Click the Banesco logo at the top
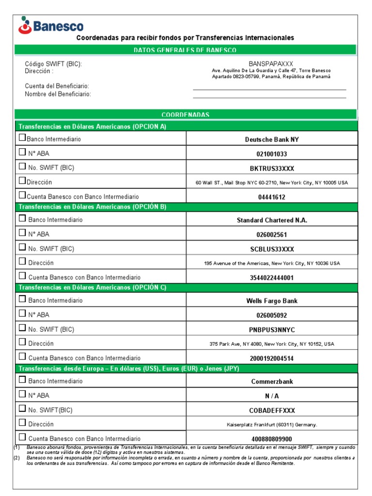[51, 25]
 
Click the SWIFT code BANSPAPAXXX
[271, 64]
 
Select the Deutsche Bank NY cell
[272, 139]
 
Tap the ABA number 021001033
[272, 154]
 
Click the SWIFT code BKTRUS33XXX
[272, 169]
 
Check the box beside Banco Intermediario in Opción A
[22, 138]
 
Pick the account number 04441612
[272, 197]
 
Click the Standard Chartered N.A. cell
[272, 220]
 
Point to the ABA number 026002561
[272, 234]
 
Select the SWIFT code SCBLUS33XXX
[272, 249]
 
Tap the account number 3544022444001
[272, 278]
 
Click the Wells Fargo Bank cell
[272, 301]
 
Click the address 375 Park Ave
[272, 344]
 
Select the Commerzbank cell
[272, 381]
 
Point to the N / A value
[272, 396]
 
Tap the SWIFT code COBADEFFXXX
[272, 410]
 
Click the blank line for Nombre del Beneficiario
[269, 97]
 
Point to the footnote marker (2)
[16, 458]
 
